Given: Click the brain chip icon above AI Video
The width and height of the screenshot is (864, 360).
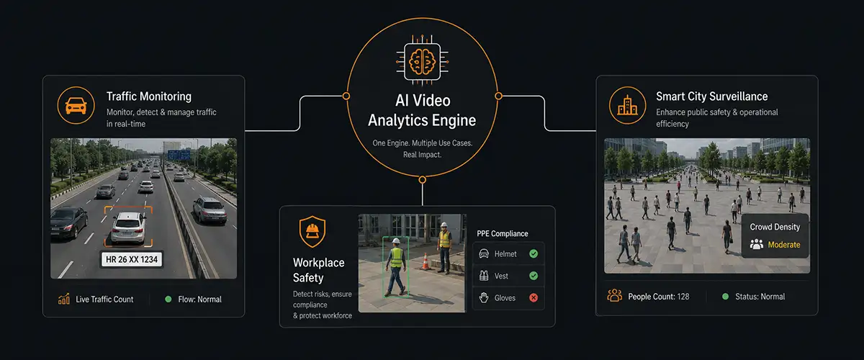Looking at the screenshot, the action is pyautogui.click(x=423, y=60).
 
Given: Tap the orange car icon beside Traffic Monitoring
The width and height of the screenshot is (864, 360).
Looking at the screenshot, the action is pyautogui.click(x=76, y=105).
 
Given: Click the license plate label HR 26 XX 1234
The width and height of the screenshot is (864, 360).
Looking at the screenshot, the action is pyautogui.click(x=132, y=259).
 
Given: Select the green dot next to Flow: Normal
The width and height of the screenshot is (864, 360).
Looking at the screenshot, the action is pyautogui.click(x=168, y=299).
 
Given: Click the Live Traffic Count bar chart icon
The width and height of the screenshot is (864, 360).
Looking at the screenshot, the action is pyautogui.click(x=64, y=299).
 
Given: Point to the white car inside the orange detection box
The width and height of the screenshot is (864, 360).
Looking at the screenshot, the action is pyautogui.click(x=128, y=228).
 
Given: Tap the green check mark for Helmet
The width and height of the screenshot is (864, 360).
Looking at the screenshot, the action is pyautogui.click(x=534, y=253).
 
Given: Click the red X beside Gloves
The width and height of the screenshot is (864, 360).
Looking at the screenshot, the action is pyautogui.click(x=534, y=297).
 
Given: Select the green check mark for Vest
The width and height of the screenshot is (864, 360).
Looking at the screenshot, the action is pyautogui.click(x=534, y=276).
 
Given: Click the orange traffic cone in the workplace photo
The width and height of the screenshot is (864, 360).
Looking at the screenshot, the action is pyautogui.click(x=426, y=261).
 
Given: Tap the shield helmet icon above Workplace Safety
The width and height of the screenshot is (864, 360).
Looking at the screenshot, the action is pyautogui.click(x=312, y=231).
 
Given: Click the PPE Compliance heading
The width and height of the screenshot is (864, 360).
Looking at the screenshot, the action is pyautogui.click(x=503, y=233).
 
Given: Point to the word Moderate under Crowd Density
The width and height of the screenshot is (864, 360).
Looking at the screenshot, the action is pyautogui.click(x=784, y=245).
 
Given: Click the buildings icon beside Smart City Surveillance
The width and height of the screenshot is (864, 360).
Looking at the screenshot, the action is pyautogui.click(x=628, y=105).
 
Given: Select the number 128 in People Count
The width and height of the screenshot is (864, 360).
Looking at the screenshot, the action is pyautogui.click(x=683, y=297).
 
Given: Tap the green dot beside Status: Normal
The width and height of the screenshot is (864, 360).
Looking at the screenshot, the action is pyautogui.click(x=725, y=297).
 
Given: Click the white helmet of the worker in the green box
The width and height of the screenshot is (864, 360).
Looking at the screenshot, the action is pyautogui.click(x=396, y=241).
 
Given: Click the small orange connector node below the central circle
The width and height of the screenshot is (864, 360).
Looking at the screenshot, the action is pyautogui.click(x=423, y=180).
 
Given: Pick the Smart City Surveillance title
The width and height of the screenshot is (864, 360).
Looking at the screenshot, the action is pyautogui.click(x=711, y=96).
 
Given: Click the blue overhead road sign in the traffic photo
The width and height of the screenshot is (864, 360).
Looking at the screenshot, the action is pyautogui.click(x=179, y=155).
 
